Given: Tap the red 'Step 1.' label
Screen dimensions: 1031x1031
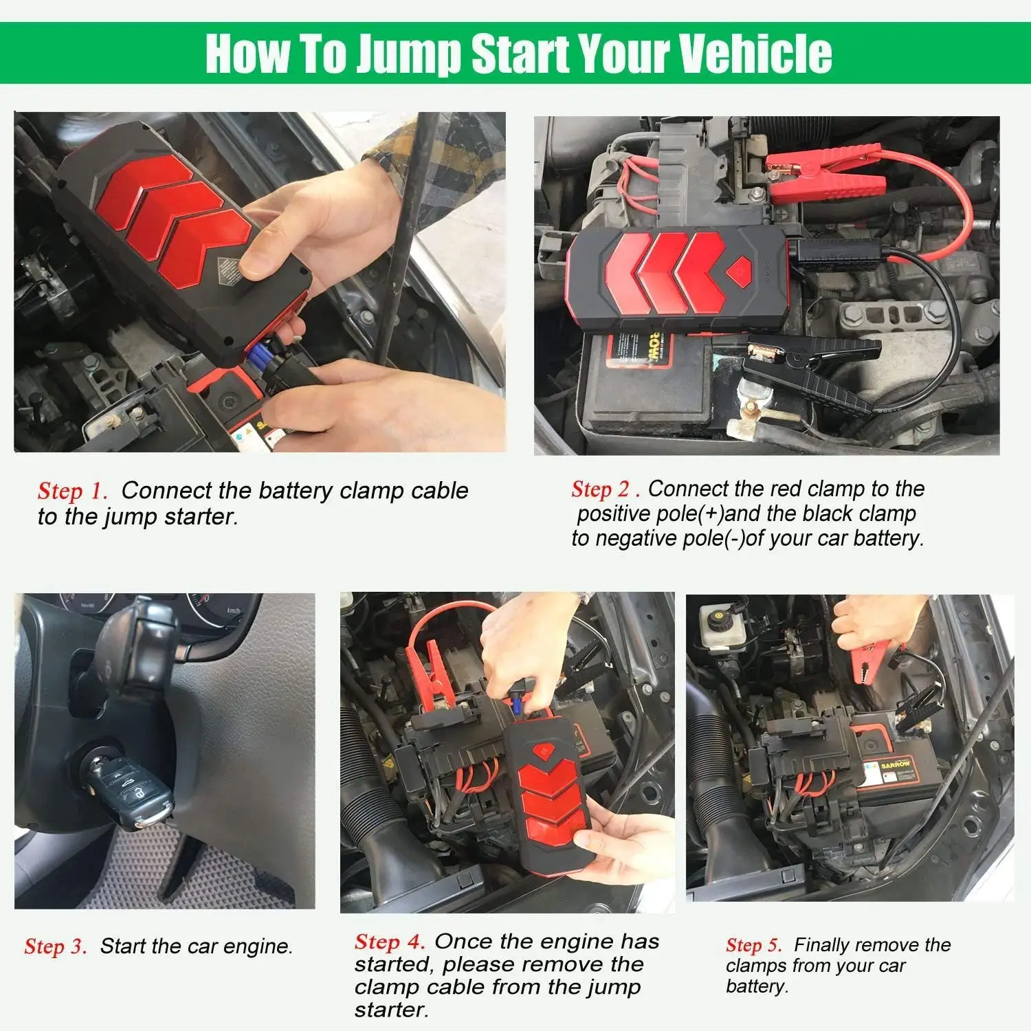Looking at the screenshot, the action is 73,491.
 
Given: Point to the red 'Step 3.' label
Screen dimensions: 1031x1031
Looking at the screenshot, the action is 56,946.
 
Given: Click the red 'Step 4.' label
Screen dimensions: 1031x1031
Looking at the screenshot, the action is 390,942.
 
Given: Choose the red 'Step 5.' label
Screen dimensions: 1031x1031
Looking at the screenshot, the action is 754,945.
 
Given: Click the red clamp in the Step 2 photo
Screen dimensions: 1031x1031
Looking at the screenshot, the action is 825,176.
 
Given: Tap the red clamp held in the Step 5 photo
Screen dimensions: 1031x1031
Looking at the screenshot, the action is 869,660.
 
